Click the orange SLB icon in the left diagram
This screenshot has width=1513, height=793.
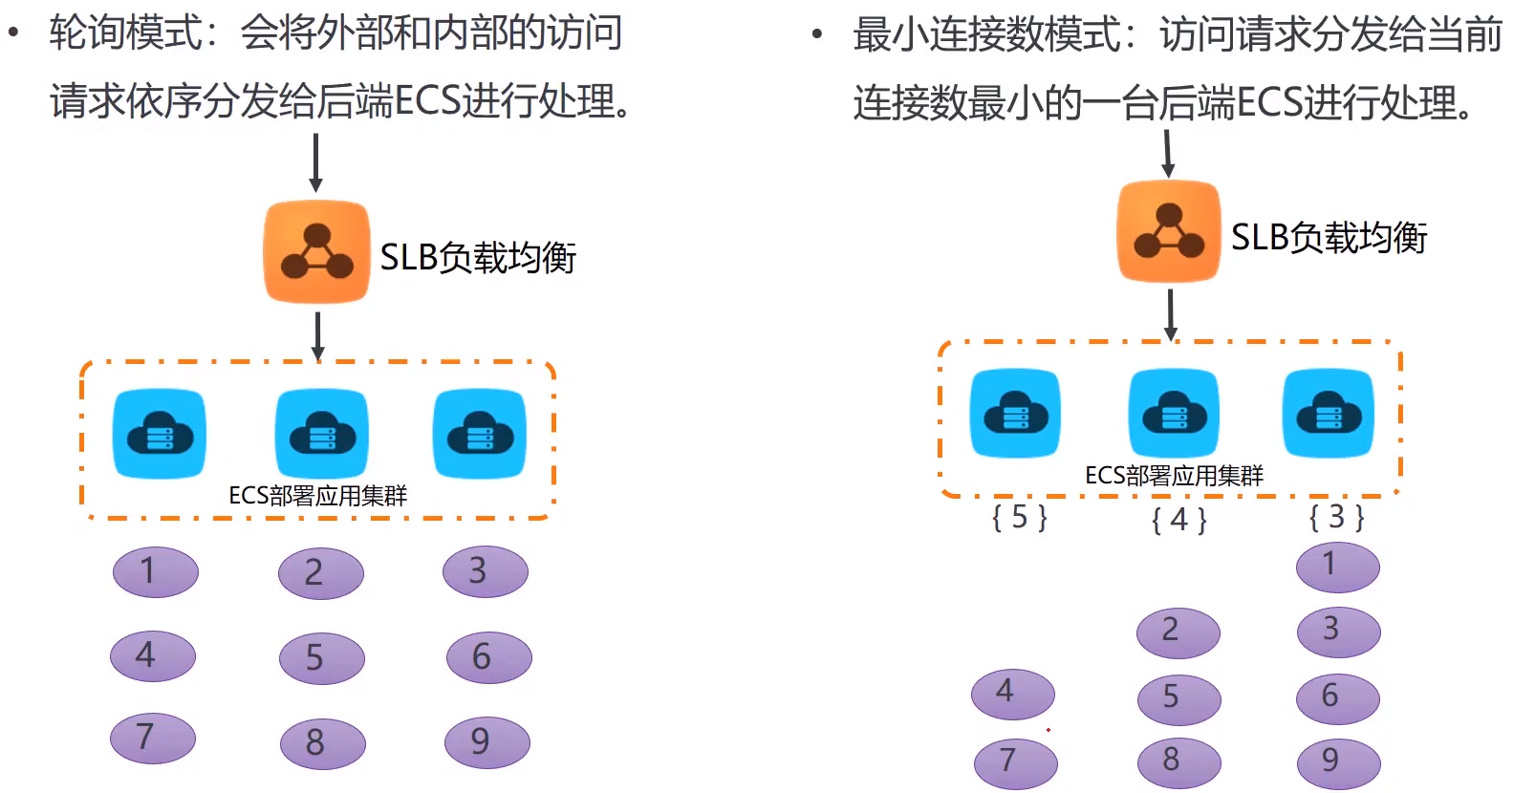coord(316,251)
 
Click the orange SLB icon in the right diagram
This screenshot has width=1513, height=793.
coord(1169,231)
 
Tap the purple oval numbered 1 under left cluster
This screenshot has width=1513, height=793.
coord(156,571)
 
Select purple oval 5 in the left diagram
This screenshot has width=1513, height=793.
coord(321,658)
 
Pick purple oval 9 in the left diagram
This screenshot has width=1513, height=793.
coord(486,742)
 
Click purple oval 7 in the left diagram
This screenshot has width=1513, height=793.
coord(152,738)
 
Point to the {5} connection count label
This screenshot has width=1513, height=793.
coord(1020,518)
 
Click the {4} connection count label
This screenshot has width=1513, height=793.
coord(1179,521)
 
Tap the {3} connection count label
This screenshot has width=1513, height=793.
coord(1336,518)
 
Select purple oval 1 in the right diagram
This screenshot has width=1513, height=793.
coord(1337,567)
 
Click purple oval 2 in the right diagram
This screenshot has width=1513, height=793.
coord(1178,632)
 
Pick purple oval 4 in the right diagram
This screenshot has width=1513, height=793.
coord(1012,693)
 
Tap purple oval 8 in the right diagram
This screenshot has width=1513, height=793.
coord(1178,761)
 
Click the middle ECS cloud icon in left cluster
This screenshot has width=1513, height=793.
coord(321,435)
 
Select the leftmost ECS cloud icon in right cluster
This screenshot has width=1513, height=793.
coord(1015,414)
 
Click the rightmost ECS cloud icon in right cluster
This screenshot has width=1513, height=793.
coord(1328,414)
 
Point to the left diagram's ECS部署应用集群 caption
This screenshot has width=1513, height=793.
coord(317,496)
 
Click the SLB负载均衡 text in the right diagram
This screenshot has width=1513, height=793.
coord(1329,237)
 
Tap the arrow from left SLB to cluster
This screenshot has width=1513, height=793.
coord(317,335)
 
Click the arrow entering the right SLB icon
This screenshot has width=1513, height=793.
coord(1167,153)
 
